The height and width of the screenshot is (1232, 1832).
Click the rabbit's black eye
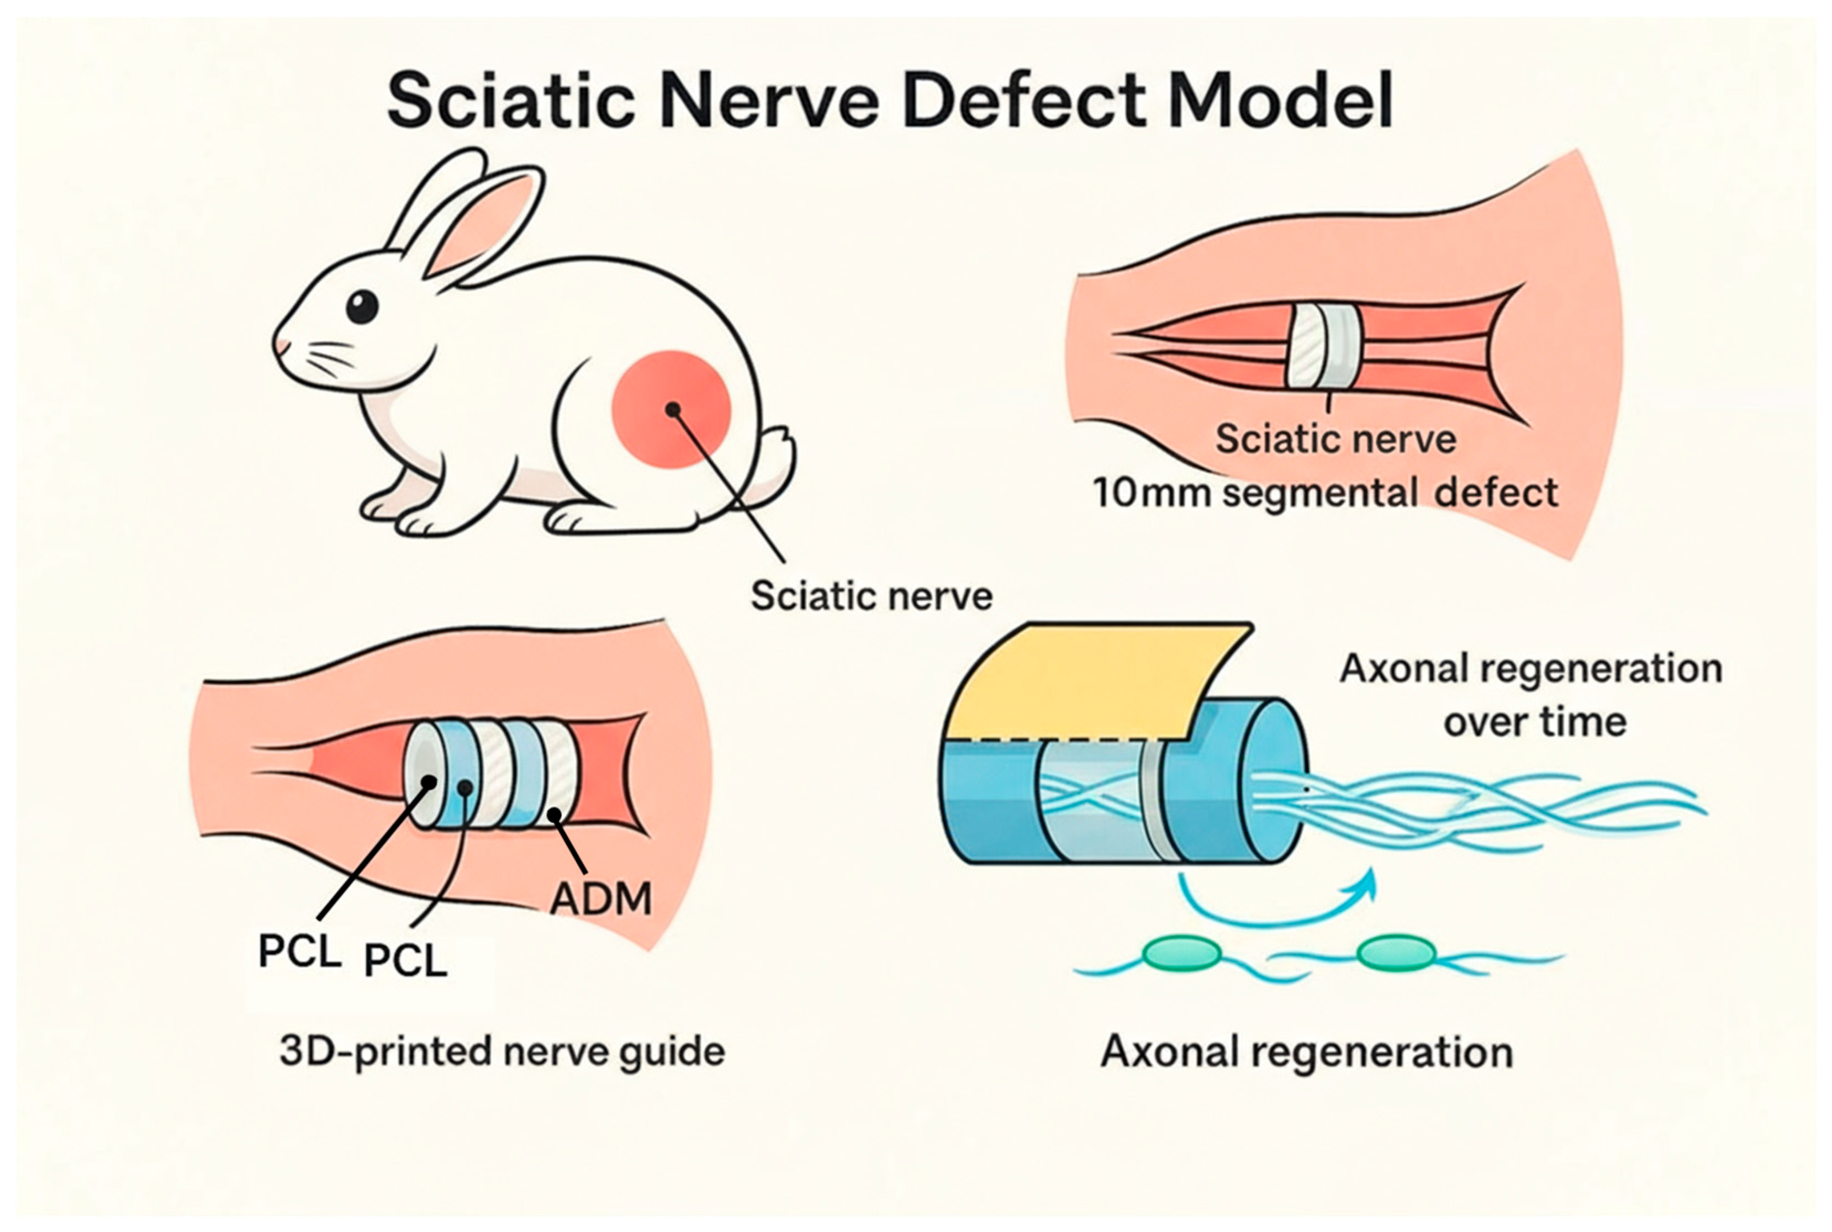[362, 306]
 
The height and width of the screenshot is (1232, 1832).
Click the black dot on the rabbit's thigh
[673, 409]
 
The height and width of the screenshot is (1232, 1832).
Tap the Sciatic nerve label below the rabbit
[871, 596]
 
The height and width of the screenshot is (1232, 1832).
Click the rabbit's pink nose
[278, 346]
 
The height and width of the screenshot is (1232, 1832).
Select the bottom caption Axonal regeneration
[1306, 1052]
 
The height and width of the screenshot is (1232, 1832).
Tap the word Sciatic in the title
[511, 102]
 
